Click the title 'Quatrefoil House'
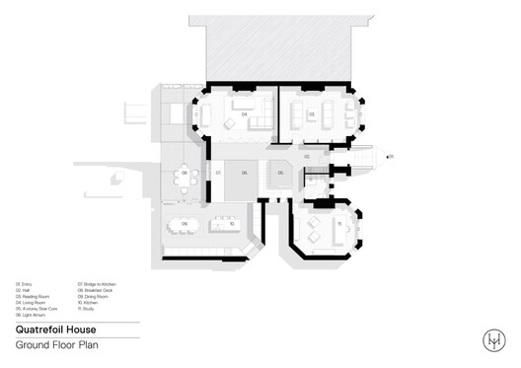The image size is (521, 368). [x=52, y=331]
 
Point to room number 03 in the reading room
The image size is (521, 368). [x=312, y=115]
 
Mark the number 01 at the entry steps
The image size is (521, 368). [x=392, y=156]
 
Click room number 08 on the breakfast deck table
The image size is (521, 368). [x=184, y=173]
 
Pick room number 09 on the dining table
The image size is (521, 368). [x=185, y=224]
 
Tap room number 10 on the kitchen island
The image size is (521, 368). [x=231, y=224]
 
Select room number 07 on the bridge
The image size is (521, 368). [x=216, y=173]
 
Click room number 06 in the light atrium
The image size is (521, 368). [x=246, y=173]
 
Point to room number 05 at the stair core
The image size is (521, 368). [x=281, y=173]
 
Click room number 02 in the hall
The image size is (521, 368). [x=307, y=156]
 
